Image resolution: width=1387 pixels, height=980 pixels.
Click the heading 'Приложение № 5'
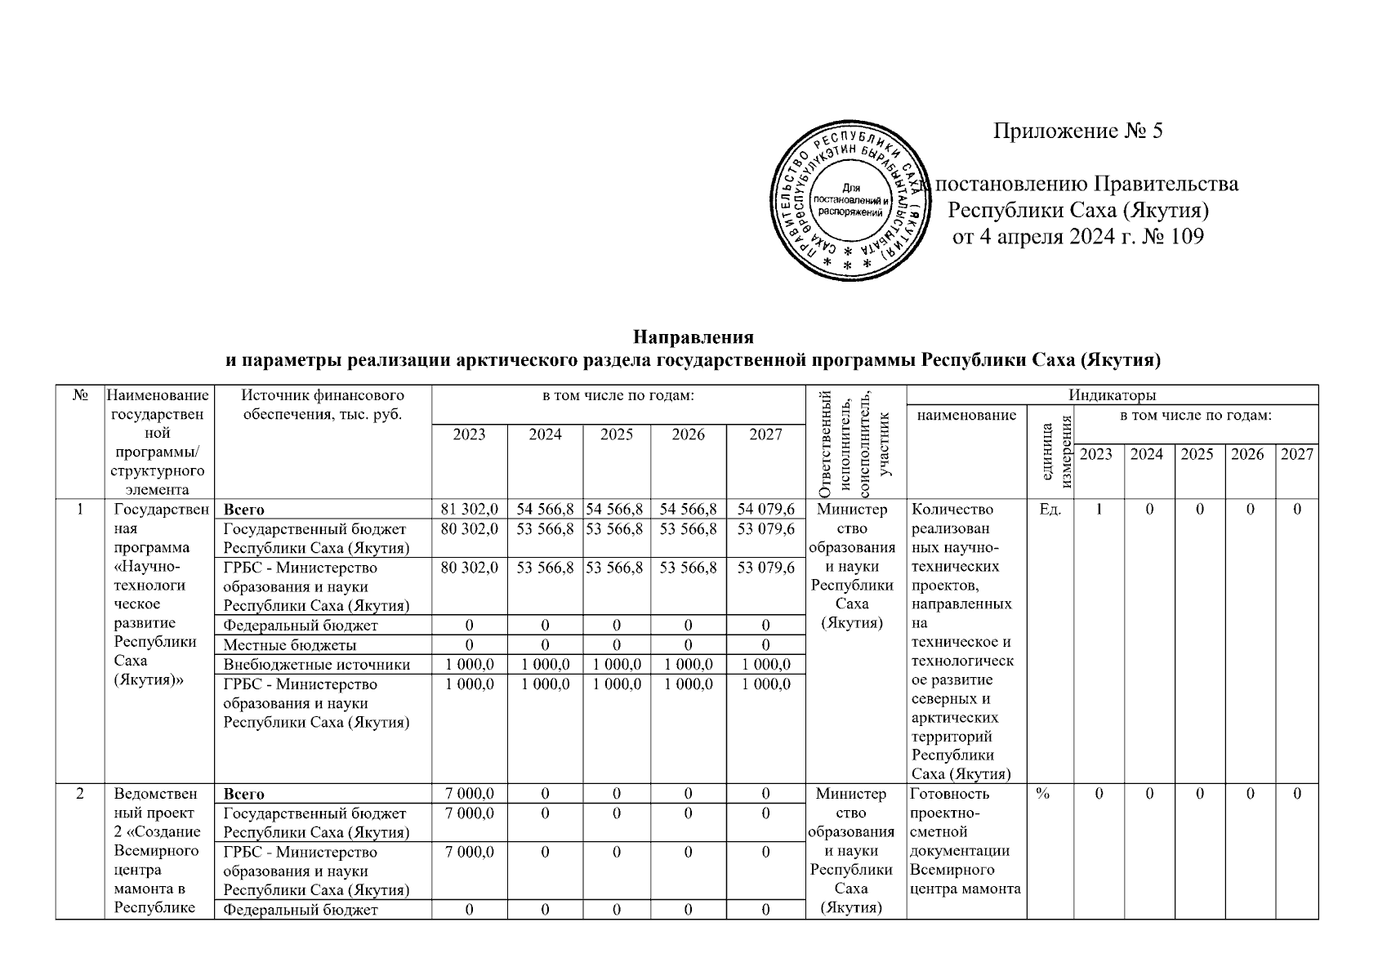pos(1077,131)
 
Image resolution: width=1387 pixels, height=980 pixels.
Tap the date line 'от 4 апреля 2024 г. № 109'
pos(1078,238)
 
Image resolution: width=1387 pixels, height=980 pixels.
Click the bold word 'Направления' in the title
pos(693,337)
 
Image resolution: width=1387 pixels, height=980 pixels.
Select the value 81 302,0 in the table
pos(469,510)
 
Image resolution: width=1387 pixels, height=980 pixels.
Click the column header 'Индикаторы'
pos(1112,395)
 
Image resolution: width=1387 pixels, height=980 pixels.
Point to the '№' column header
pos(80,395)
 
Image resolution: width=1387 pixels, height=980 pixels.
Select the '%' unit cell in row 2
pos(1043,794)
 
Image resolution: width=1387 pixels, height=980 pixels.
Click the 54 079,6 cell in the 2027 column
pos(765,510)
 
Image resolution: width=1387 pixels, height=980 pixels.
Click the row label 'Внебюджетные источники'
pos(316,665)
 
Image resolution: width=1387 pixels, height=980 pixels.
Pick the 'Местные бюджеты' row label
pos(289,645)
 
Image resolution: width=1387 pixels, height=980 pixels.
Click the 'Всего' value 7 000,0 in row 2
pos(469,794)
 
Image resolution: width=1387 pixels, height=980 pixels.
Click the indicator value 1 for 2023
pos(1099,510)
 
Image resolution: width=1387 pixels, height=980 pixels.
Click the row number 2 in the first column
pos(80,794)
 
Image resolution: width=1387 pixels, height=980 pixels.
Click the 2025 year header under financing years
pos(616,434)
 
